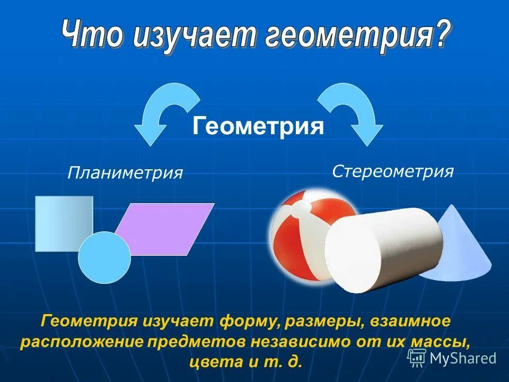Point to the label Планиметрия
tap(125, 172)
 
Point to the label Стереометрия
tap(393, 171)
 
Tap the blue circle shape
tap(104, 257)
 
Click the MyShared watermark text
tap(463, 358)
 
